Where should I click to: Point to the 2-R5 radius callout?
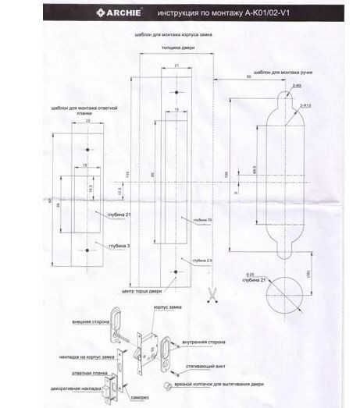click(x=297, y=87)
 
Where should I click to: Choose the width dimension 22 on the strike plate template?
click(x=87, y=122)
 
